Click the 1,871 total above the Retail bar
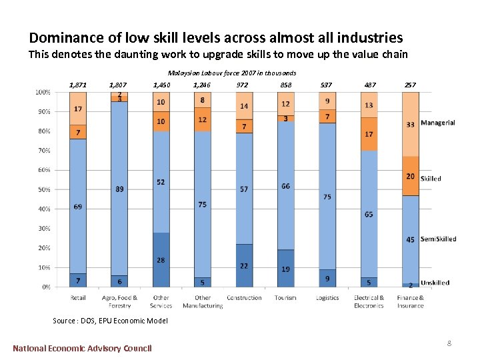pyautogui.click(x=78, y=85)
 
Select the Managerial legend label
pyautogui.click(x=437, y=123)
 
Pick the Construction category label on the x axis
pyautogui.click(x=244, y=298)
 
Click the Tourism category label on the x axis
pyautogui.click(x=285, y=298)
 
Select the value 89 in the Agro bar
pyautogui.click(x=119, y=189)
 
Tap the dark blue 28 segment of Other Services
pyautogui.click(x=161, y=260)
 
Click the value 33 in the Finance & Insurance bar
pyautogui.click(x=410, y=125)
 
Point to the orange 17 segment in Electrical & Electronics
pyautogui.click(x=369, y=134)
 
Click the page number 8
pyautogui.click(x=449, y=343)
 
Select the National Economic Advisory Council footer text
pyautogui.click(x=82, y=348)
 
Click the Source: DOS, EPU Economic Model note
pyautogui.click(x=110, y=321)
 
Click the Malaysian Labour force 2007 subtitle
pyautogui.click(x=232, y=73)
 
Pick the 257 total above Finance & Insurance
pyautogui.click(x=410, y=85)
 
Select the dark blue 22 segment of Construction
pyautogui.click(x=244, y=265)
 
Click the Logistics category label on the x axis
pyautogui.click(x=327, y=298)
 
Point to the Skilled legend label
pyautogui.click(x=431, y=179)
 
